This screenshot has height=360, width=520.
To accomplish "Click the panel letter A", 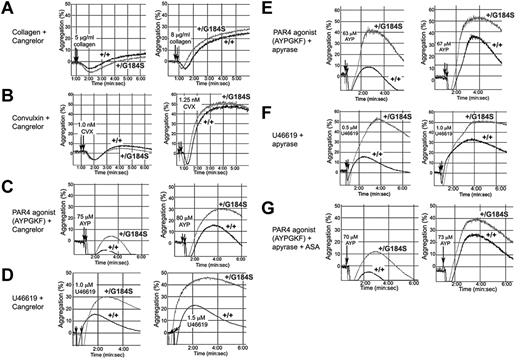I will click(x=7, y=8).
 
